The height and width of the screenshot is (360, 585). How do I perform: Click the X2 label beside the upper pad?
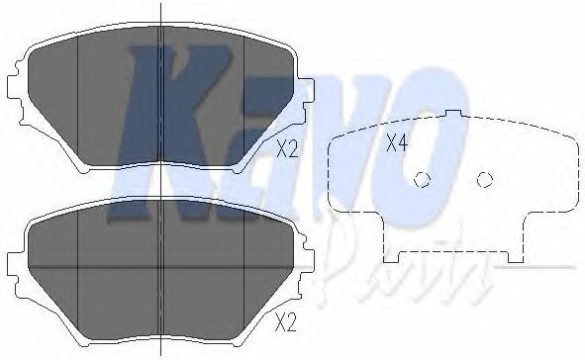[x=287, y=149]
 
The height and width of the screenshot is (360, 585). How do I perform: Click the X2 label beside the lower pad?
[x=285, y=322]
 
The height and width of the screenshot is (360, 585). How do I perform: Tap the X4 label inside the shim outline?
[x=397, y=142]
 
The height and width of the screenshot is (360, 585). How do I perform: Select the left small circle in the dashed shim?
[x=422, y=180]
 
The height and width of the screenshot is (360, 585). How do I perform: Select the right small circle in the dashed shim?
[x=485, y=180]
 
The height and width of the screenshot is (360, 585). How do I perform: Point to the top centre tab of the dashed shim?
[x=453, y=114]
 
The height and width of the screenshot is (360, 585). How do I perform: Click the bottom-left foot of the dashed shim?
[x=391, y=257]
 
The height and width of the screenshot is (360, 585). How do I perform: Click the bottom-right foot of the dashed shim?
[x=516, y=257]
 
